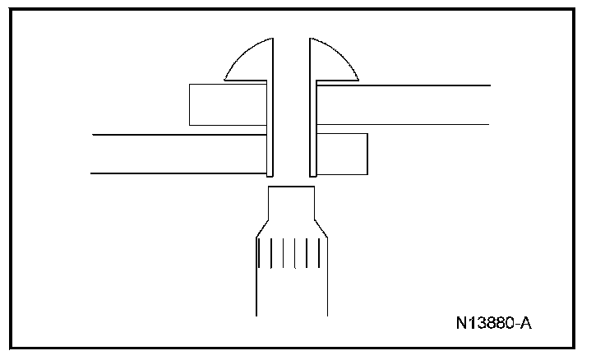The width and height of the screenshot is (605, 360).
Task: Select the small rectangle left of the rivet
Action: coord(227,104)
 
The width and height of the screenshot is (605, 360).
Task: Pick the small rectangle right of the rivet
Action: coord(342,153)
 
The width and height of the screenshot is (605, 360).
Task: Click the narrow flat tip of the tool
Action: coord(291,201)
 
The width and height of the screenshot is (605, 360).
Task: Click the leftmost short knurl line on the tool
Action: coord(259,253)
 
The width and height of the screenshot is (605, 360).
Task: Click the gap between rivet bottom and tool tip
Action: coord(291,182)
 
